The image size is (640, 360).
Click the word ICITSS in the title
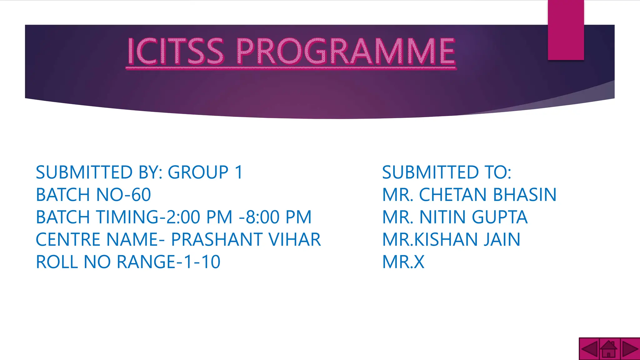[175, 51]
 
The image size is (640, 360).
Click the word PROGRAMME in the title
[346, 51]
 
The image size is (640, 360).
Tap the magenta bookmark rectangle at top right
[566, 30]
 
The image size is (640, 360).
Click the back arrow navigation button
[589, 349]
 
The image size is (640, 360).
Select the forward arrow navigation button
[630, 349]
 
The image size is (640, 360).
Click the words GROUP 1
[205, 172]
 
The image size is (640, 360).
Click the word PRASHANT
[217, 240]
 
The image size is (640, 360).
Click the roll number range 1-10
[202, 262]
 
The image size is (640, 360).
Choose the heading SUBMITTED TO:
[447, 172]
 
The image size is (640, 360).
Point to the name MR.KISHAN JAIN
[451, 240]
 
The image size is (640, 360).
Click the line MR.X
[403, 262]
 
